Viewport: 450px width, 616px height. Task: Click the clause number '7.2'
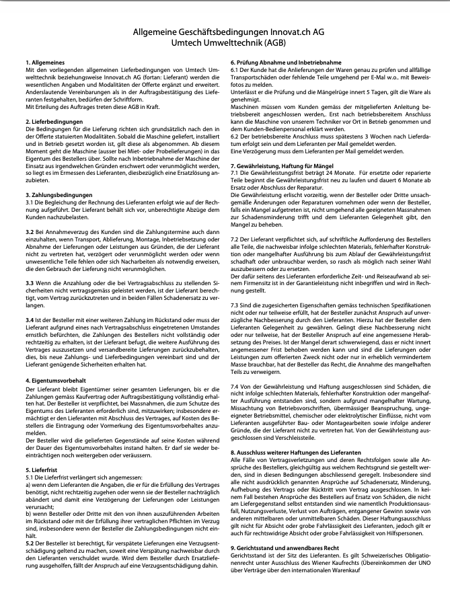tap(236, 237)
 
